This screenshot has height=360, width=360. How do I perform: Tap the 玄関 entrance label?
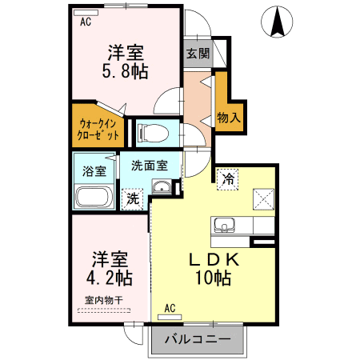point(198,54)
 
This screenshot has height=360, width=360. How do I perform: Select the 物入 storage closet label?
point(228,118)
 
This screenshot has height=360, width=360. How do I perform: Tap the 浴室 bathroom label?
point(94,170)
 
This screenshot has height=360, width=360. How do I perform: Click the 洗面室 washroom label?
point(149,166)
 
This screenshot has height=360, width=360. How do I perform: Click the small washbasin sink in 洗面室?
point(162,189)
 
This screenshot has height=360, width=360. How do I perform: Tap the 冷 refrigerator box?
point(227,179)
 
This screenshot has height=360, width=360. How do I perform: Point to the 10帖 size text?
point(210,279)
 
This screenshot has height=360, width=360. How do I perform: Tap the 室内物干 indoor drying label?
point(103,300)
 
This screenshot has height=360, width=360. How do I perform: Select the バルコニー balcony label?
point(198,338)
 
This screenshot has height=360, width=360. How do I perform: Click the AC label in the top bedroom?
point(86,22)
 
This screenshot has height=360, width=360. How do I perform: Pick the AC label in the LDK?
point(170,307)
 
